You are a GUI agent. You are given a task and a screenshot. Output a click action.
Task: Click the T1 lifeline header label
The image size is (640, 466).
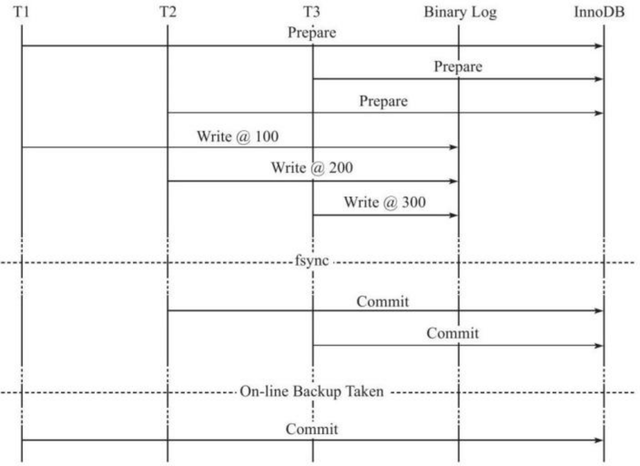21,12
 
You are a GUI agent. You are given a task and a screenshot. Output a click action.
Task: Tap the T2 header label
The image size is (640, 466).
168,12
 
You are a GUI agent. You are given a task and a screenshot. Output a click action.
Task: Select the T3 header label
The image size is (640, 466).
312,12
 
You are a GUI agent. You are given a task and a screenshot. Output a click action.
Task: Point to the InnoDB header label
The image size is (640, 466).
599,12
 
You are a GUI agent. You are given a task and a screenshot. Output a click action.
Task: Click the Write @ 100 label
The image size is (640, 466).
238,136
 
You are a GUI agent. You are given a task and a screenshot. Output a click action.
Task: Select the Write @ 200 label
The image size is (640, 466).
312,168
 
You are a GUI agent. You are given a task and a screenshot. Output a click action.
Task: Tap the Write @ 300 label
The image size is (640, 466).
385,202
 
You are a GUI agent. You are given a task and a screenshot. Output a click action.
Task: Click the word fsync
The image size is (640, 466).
312,261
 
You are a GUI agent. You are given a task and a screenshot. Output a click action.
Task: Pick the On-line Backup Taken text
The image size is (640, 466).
312,392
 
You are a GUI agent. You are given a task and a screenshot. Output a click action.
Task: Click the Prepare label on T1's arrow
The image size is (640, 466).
312,33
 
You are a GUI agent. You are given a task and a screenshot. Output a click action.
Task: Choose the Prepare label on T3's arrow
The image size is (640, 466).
458,67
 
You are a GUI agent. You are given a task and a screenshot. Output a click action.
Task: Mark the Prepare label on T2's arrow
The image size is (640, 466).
383,101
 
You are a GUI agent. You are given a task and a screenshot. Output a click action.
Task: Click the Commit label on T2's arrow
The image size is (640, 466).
382,302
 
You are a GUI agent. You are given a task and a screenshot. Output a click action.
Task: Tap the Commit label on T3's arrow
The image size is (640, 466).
452,333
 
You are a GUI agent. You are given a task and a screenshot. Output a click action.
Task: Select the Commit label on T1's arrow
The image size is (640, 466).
312,429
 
